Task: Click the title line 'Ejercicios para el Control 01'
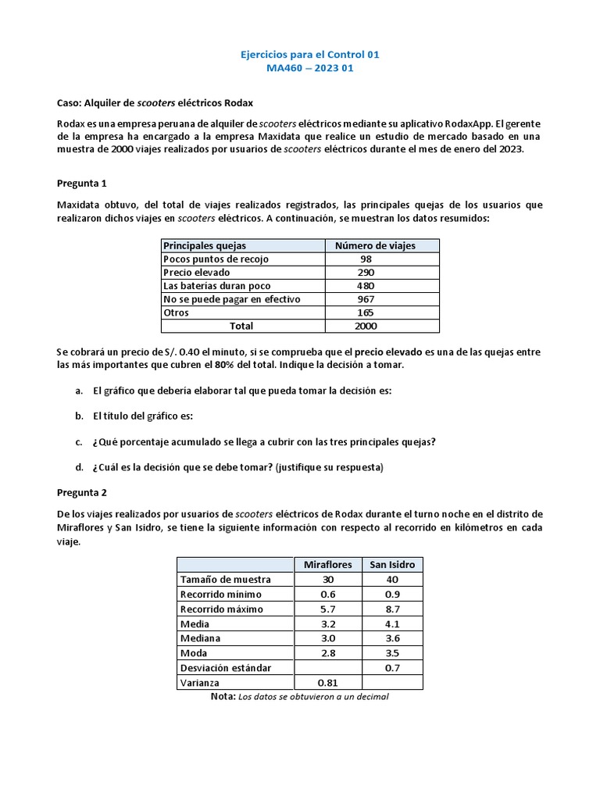coord(300,55)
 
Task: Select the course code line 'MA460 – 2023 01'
coord(300,68)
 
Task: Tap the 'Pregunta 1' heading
coord(85,184)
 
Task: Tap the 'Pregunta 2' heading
coord(85,493)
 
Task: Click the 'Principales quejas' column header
coord(205,245)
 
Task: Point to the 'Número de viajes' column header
coord(375,245)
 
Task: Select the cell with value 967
coord(366,299)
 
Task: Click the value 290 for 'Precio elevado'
coord(366,273)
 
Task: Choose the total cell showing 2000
coord(366,326)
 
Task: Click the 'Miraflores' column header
coord(327,565)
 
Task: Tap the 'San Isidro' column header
coord(392,565)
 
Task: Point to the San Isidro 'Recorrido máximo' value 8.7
coord(392,609)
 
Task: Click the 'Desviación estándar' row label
coord(225,668)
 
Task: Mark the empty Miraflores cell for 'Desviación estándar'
coord(327,668)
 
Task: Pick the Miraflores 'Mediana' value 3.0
coord(327,638)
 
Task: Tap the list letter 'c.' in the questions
coord(80,441)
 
